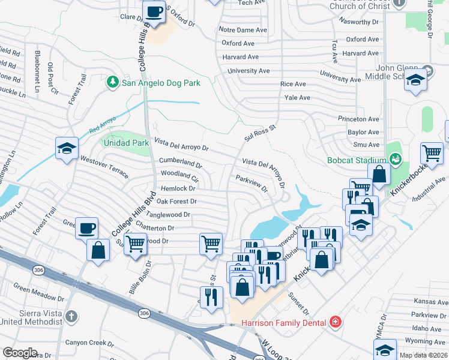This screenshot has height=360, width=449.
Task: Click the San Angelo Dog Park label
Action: click(x=160, y=83)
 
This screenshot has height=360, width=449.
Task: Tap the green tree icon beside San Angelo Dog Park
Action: click(x=112, y=82)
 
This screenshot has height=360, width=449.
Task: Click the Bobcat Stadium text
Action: click(x=355, y=160)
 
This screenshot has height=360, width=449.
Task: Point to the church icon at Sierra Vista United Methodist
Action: click(x=71, y=316)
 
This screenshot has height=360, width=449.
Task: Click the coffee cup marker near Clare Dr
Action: click(x=154, y=11)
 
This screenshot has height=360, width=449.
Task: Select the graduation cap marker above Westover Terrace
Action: click(x=67, y=148)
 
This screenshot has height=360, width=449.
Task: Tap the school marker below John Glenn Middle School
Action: click(x=415, y=80)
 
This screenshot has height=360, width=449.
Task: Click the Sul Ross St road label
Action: click(x=259, y=133)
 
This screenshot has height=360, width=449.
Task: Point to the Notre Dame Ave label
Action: click(x=243, y=30)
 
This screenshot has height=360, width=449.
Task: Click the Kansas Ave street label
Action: click(x=430, y=302)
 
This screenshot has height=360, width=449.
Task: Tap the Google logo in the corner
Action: click(x=20, y=353)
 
